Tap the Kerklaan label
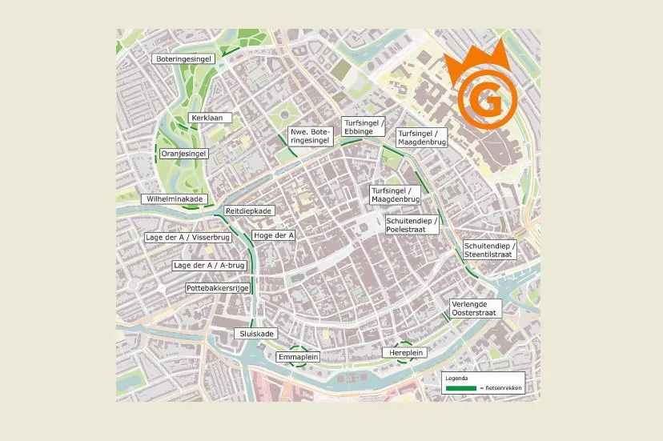coord(210,118)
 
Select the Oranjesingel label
coord(184,152)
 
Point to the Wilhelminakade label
coord(174,198)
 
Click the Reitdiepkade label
coord(250,210)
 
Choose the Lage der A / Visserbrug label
coord(187,238)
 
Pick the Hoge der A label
coord(274,235)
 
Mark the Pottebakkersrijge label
coord(218,287)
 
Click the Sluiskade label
coord(256,333)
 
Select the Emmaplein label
coord(298,356)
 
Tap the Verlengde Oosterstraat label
coord(476,309)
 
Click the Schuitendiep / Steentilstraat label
coord(490,250)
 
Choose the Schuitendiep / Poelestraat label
coord(412,224)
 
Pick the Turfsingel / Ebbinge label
coord(364,126)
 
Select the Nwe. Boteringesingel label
coord(310,136)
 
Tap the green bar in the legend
coord(461,387)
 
